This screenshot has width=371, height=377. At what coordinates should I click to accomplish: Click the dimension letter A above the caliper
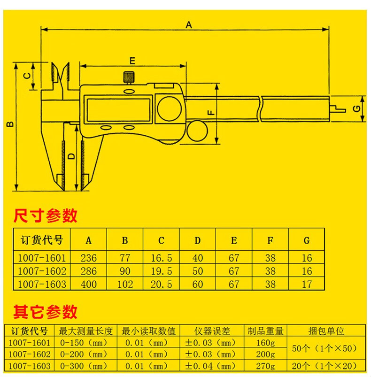pos(189,24)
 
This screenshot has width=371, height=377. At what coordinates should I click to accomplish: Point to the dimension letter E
pos(132,61)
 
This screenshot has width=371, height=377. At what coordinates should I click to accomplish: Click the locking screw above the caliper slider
pos(128,77)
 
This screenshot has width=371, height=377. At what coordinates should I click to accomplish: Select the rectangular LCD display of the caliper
pos(118,108)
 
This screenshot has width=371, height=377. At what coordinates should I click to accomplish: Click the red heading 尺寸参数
pos(45,216)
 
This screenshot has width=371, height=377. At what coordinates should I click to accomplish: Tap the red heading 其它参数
pos(45,311)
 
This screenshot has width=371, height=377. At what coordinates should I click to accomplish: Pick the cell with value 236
pos(88,258)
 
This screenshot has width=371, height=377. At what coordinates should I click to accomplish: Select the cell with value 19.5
pos(161,271)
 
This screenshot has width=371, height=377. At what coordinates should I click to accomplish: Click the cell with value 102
pos(125,284)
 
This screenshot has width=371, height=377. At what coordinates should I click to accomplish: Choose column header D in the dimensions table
pos(198,241)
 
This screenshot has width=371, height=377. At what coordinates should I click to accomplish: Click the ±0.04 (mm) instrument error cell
pos(210,366)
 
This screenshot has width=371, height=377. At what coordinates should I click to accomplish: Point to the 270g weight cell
pos(266,366)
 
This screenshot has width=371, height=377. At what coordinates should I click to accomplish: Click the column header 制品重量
pos(266,331)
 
